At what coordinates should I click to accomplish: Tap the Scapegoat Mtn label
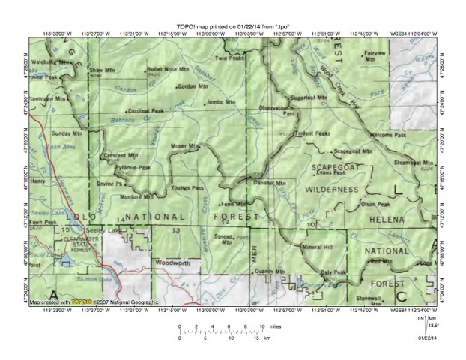351,149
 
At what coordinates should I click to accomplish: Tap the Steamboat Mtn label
414,162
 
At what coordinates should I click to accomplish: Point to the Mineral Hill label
316,246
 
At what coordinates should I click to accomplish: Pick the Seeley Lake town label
98,229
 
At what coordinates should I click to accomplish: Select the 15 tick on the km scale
256,339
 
